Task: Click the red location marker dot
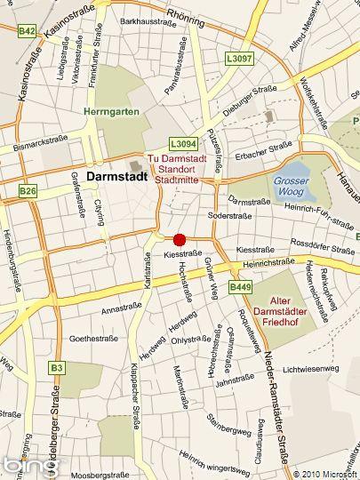click(180, 239)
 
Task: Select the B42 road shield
click(28, 31)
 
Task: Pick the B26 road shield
click(28, 190)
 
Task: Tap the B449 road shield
click(240, 287)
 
